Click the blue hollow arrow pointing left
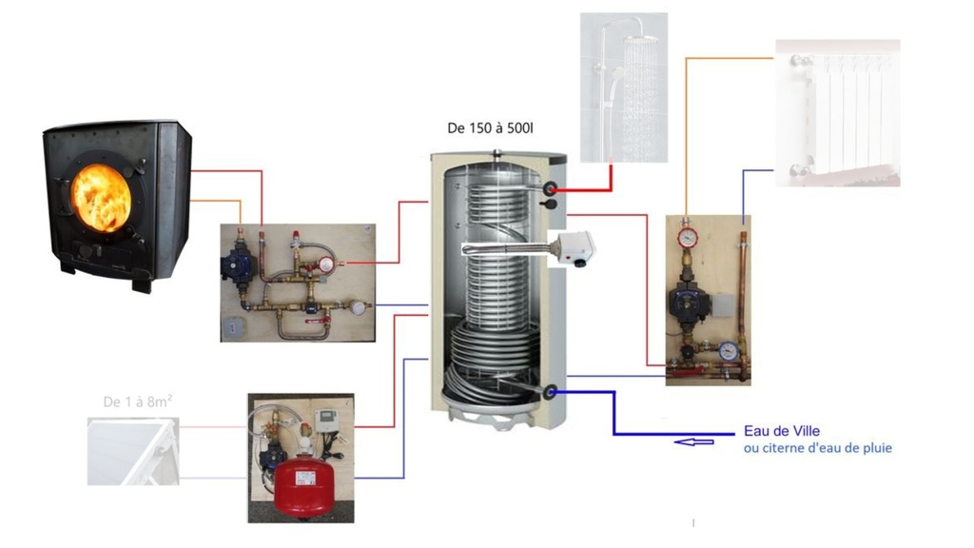click(x=692, y=440)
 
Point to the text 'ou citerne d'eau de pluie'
click(x=818, y=447)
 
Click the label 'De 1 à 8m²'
click(x=138, y=401)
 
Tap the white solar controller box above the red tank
click(x=328, y=422)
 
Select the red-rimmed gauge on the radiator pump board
click(x=688, y=237)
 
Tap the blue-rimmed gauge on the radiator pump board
click(x=729, y=350)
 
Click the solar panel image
click(x=131, y=451)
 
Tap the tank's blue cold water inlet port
click(x=550, y=390)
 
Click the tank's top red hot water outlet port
click(x=550, y=190)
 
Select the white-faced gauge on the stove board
click(x=359, y=307)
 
